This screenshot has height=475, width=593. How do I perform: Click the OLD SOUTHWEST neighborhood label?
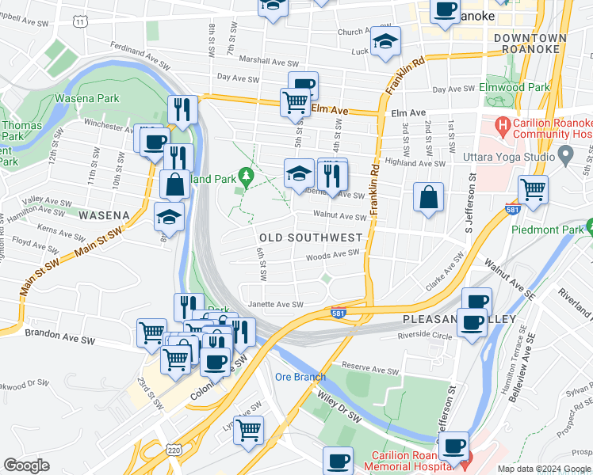[311, 237]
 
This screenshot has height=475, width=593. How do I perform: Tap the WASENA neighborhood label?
[103, 215]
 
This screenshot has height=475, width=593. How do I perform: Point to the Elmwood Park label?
[515, 87]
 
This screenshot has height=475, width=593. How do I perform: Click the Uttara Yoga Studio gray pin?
[565, 154]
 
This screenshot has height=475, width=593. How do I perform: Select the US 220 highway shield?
[173, 450]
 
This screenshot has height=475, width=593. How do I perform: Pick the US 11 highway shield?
[81, 21]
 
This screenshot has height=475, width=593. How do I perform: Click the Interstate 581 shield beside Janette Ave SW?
[339, 313]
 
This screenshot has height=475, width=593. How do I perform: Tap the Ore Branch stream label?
[300, 377]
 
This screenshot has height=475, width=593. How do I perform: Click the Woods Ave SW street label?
[333, 254]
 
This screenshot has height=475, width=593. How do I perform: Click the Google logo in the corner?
[26, 465]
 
